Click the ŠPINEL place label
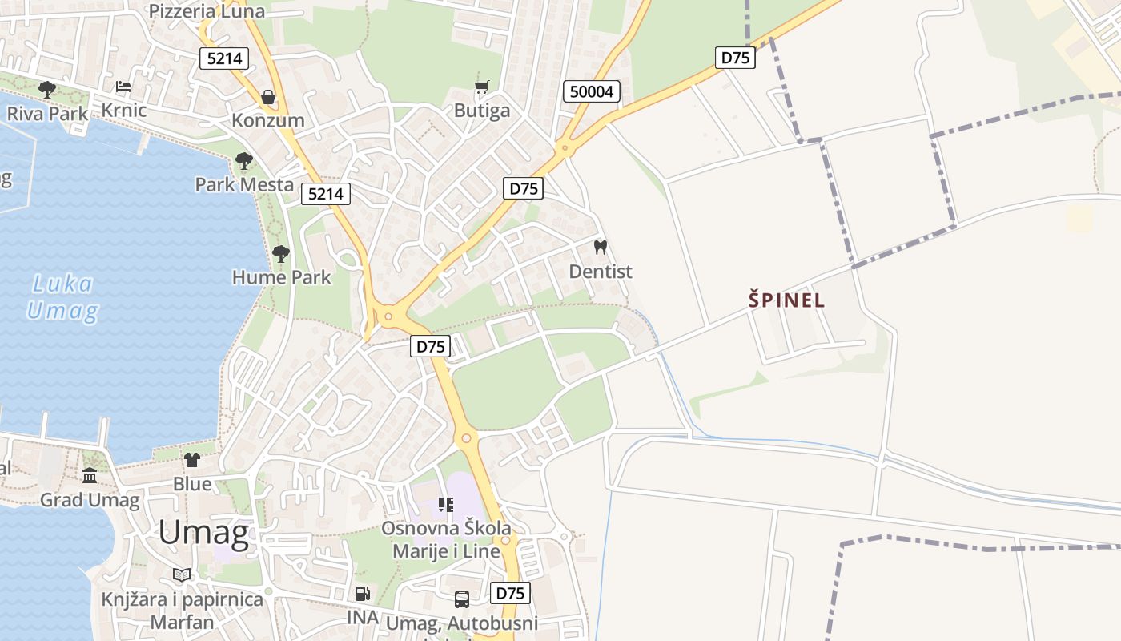(x=786, y=300)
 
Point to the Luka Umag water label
(x=62, y=297)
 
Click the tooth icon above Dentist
(x=601, y=248)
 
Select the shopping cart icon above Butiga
(x=481, y=87)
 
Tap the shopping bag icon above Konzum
(x=267, y=97)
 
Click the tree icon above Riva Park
(x=47, y=89)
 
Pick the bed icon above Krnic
(x=123, y=87)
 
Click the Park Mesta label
(x=244, y=184)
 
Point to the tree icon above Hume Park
(x=280, y=254)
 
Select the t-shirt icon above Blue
(x=192, y=459)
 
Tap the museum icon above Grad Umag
(x=90, y=476)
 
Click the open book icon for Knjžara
(x=182, y=574)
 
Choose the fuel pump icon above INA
(x=362, y=594)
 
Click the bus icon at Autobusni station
(x=462, y=599)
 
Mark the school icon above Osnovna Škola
(x=446, y=505)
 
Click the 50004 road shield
(x=592, y=91)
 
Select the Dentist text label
(x=601, y=272)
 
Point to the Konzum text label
(x=268, y=120)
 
